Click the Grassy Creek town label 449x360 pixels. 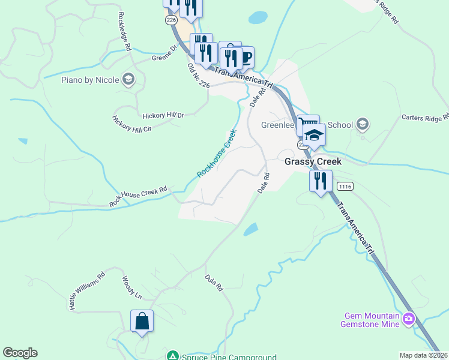click(x=312, y=161)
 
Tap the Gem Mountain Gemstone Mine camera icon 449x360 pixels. click(x=409, y=318)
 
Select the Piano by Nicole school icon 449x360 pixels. click(x=127, y=79)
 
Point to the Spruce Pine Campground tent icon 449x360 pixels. click(x=172, y=356)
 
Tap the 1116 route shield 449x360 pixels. click(x=345, y=187)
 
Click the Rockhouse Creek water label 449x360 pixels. click(x=217, y=154)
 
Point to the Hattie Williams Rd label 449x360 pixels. click(x=87, y=291)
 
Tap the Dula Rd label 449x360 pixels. click(x=214, y=283)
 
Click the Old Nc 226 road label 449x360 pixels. click(x=198, y=77)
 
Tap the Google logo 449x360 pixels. click(x=20, y=353)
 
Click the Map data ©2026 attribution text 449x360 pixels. click(x=423, y=355)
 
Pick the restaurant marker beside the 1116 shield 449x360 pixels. click(x=321, y=180)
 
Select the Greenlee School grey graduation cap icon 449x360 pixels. click(x=361, y=124)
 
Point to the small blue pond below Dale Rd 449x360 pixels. click(x=251, y=229)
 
